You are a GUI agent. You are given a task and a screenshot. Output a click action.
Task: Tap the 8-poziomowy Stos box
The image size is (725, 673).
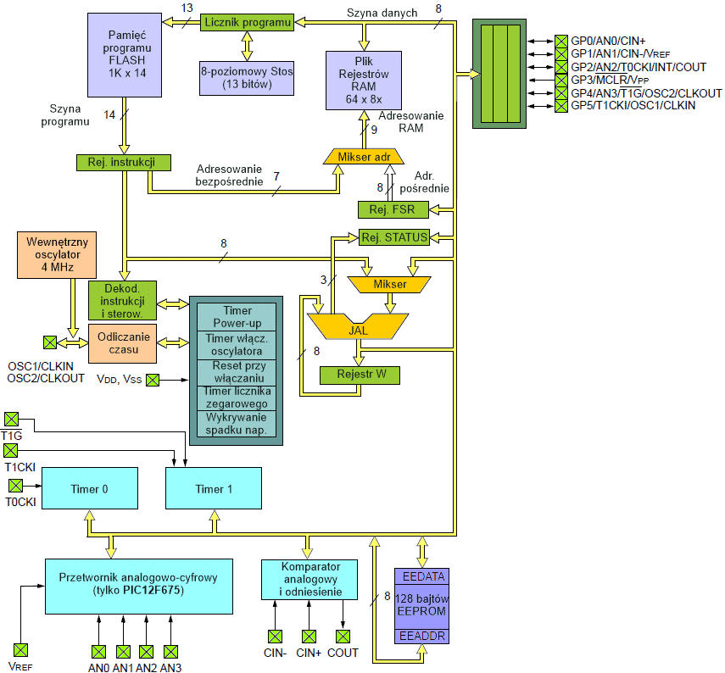[x=247, y=78]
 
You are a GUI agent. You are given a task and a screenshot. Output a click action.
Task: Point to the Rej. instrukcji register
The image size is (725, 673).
[x=124, y=161]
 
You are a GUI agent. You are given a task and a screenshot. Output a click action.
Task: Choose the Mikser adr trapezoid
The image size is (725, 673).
[x=365, y=157]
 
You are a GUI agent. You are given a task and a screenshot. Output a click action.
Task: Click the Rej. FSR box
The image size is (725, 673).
[x=393, y=209]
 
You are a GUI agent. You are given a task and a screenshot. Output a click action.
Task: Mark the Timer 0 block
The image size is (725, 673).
[x=91, y=489]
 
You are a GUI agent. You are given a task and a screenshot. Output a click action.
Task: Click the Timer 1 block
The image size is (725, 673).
[x=209, y=489]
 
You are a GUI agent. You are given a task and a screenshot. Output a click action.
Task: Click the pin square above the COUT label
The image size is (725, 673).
[x=343, y=636]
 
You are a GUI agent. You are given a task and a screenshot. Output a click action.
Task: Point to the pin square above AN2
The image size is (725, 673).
[x=147, y=651]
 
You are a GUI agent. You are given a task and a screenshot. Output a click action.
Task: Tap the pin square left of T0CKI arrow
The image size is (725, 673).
[x=14, y=486]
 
